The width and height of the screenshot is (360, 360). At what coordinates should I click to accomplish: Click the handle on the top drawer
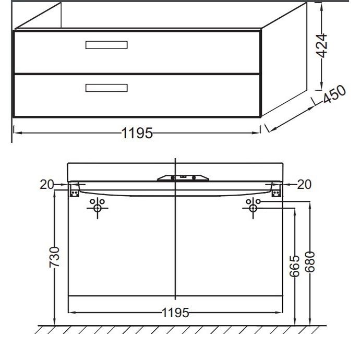[106, 45]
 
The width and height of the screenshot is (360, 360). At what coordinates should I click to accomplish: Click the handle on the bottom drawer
[106, 88]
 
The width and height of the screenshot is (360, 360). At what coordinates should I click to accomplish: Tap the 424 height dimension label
[321, 45]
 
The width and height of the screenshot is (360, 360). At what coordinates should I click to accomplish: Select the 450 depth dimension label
[334, 94]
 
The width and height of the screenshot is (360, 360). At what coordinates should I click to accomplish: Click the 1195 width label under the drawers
[137, 133]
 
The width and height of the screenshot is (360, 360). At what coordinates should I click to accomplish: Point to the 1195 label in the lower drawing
[175, 313]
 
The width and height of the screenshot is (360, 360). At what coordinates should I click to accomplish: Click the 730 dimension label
[55, 257]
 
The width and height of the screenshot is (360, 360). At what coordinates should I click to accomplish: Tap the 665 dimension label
[295, 266]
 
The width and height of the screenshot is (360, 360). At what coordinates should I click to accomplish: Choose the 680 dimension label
[310, 262]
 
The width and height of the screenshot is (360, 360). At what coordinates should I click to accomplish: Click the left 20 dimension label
[47, 184]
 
